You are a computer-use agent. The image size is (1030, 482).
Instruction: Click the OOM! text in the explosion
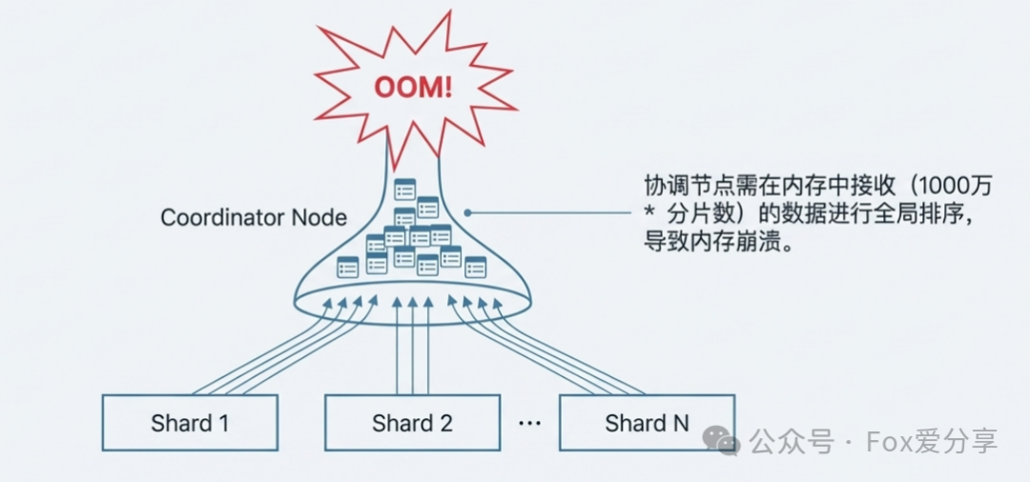click(x=412, y=87)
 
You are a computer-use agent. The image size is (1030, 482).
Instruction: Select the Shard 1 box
click(x=190, y=423)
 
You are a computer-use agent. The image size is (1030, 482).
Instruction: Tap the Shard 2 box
click(x=412, y=423)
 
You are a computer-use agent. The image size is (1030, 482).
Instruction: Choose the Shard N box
click(x=647, y=423)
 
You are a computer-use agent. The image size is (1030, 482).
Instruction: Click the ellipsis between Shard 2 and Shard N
click(x=529, y=423)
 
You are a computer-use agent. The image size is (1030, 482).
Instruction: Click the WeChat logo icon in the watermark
click(x=721, y=440)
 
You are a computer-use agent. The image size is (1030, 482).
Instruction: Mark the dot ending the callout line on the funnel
click(x=466, y=213)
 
